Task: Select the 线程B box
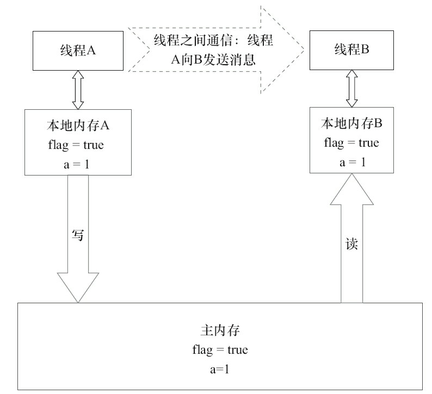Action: pyautogui.click(x=351, y=50)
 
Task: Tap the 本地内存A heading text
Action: pyautogui.click(x=78, y=125)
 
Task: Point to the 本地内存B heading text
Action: pyautogui.click(x=351, y=123)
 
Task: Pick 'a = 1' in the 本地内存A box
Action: pyautogui.click(x=77, y=163)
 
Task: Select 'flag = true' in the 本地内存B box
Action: pyautogui.click(x=351, y=143)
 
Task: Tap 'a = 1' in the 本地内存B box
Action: pyautogui.click(x=351, y=161)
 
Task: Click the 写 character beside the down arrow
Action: pyautogui.click(x=78, y=234)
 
